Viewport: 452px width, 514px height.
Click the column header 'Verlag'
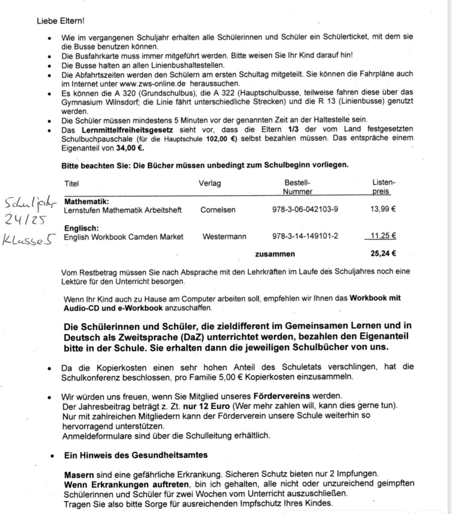(x=209, y=183)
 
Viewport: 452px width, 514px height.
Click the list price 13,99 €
(x=383, y=209)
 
